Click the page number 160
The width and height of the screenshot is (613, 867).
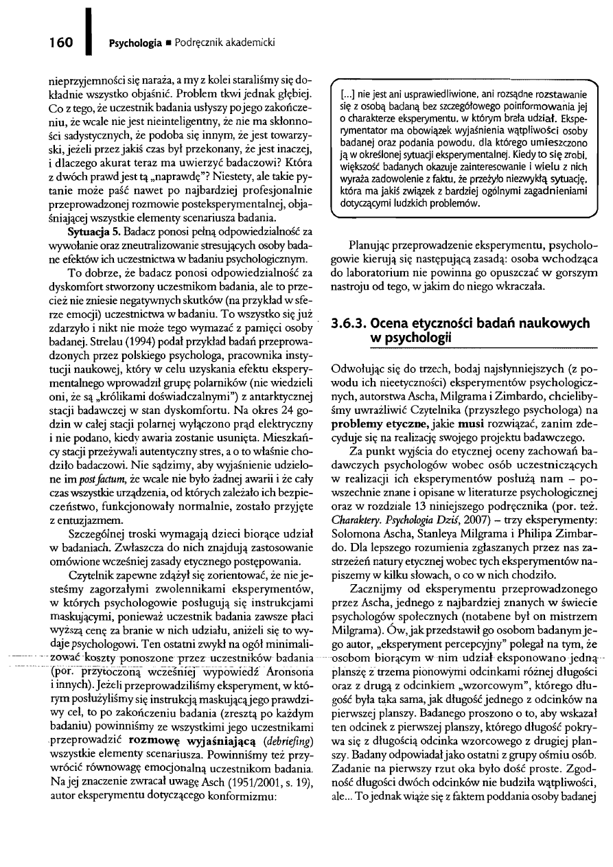tap(60, 43)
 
